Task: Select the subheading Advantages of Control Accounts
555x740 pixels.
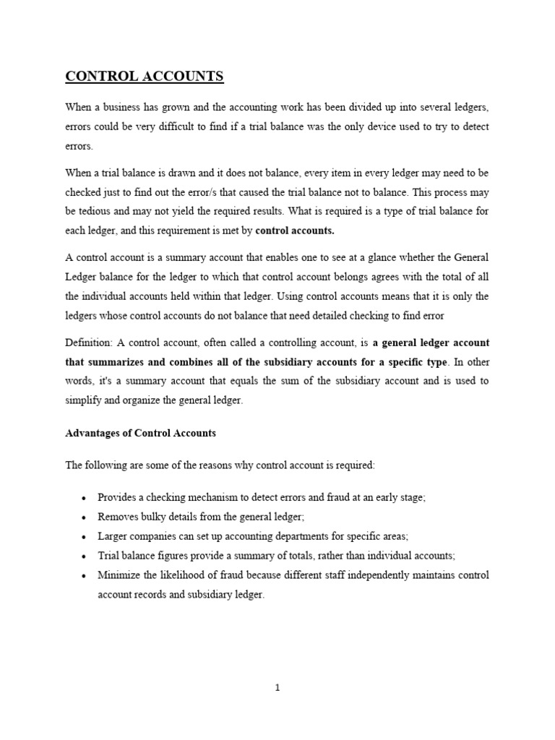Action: [x=141, y=434]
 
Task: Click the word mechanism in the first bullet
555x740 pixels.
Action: [x=202, y=498]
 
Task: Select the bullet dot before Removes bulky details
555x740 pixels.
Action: [x=85, y=518]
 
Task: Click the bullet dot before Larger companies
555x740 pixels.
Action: [x=85, y=538]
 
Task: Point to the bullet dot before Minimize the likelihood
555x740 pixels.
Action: [x=85, y=576]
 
